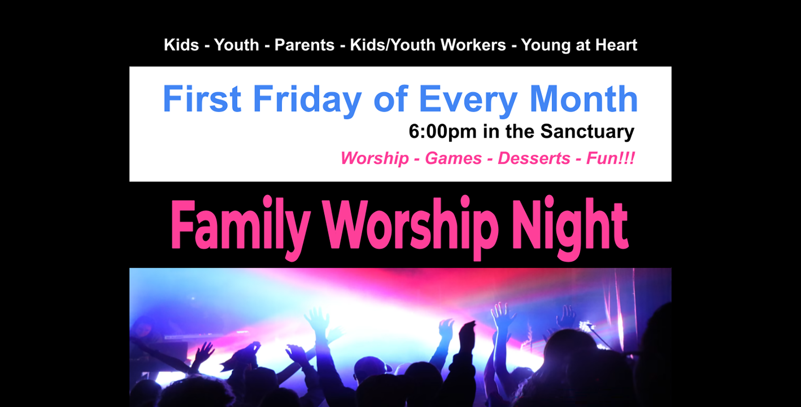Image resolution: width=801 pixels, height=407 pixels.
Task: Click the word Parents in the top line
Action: [304, 45]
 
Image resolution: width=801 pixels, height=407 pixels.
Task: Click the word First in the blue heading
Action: [202, 98]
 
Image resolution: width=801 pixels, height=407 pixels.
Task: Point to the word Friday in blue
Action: [307, 100]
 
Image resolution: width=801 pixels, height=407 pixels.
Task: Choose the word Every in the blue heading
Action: [468, 100]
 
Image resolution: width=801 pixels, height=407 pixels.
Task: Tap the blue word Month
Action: [583, 98]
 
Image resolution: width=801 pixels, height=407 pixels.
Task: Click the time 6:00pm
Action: [443, 132]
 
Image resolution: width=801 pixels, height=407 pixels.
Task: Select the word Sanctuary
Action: [587, 132]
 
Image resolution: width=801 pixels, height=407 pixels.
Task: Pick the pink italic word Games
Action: [453, 158]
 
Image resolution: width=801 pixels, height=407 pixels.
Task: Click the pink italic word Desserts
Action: [534, 158]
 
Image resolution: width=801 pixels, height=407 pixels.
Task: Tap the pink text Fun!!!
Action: [610, 158]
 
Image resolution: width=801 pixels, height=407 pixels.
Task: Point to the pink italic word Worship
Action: [375, 158]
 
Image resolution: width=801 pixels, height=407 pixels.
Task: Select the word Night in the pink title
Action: [570, 228]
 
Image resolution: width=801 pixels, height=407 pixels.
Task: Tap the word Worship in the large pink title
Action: [410, 228]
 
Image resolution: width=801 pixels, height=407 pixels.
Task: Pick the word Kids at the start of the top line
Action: [181, 45]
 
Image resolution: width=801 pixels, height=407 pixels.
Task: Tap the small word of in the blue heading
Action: [391, 98]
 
